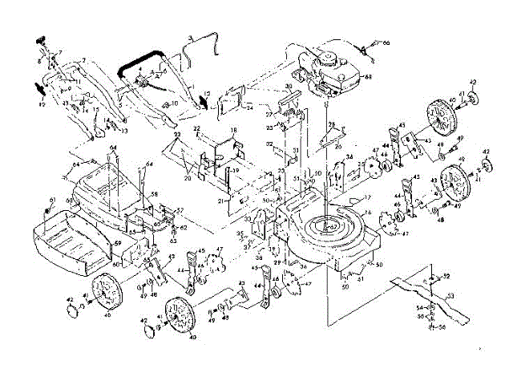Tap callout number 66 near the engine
click(x=385, y=43)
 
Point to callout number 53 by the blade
click(x=450, y=295)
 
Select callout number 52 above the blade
click(x=446, y=275)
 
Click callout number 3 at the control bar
click(x=190, y=38)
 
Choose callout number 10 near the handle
click(x=176, y=103)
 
